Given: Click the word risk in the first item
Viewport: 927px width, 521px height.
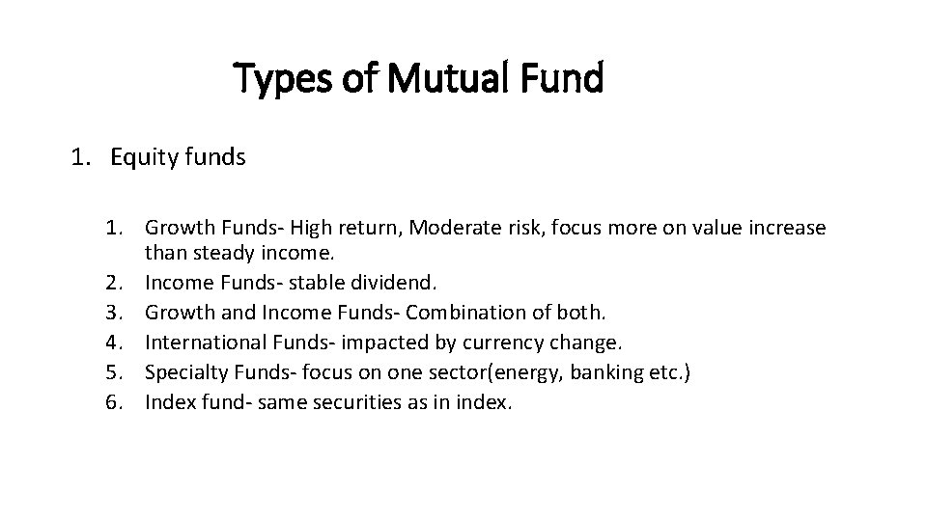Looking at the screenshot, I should click(x=517, y=229).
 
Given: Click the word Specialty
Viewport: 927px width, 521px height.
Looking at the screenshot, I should click(x=183, y=371).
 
